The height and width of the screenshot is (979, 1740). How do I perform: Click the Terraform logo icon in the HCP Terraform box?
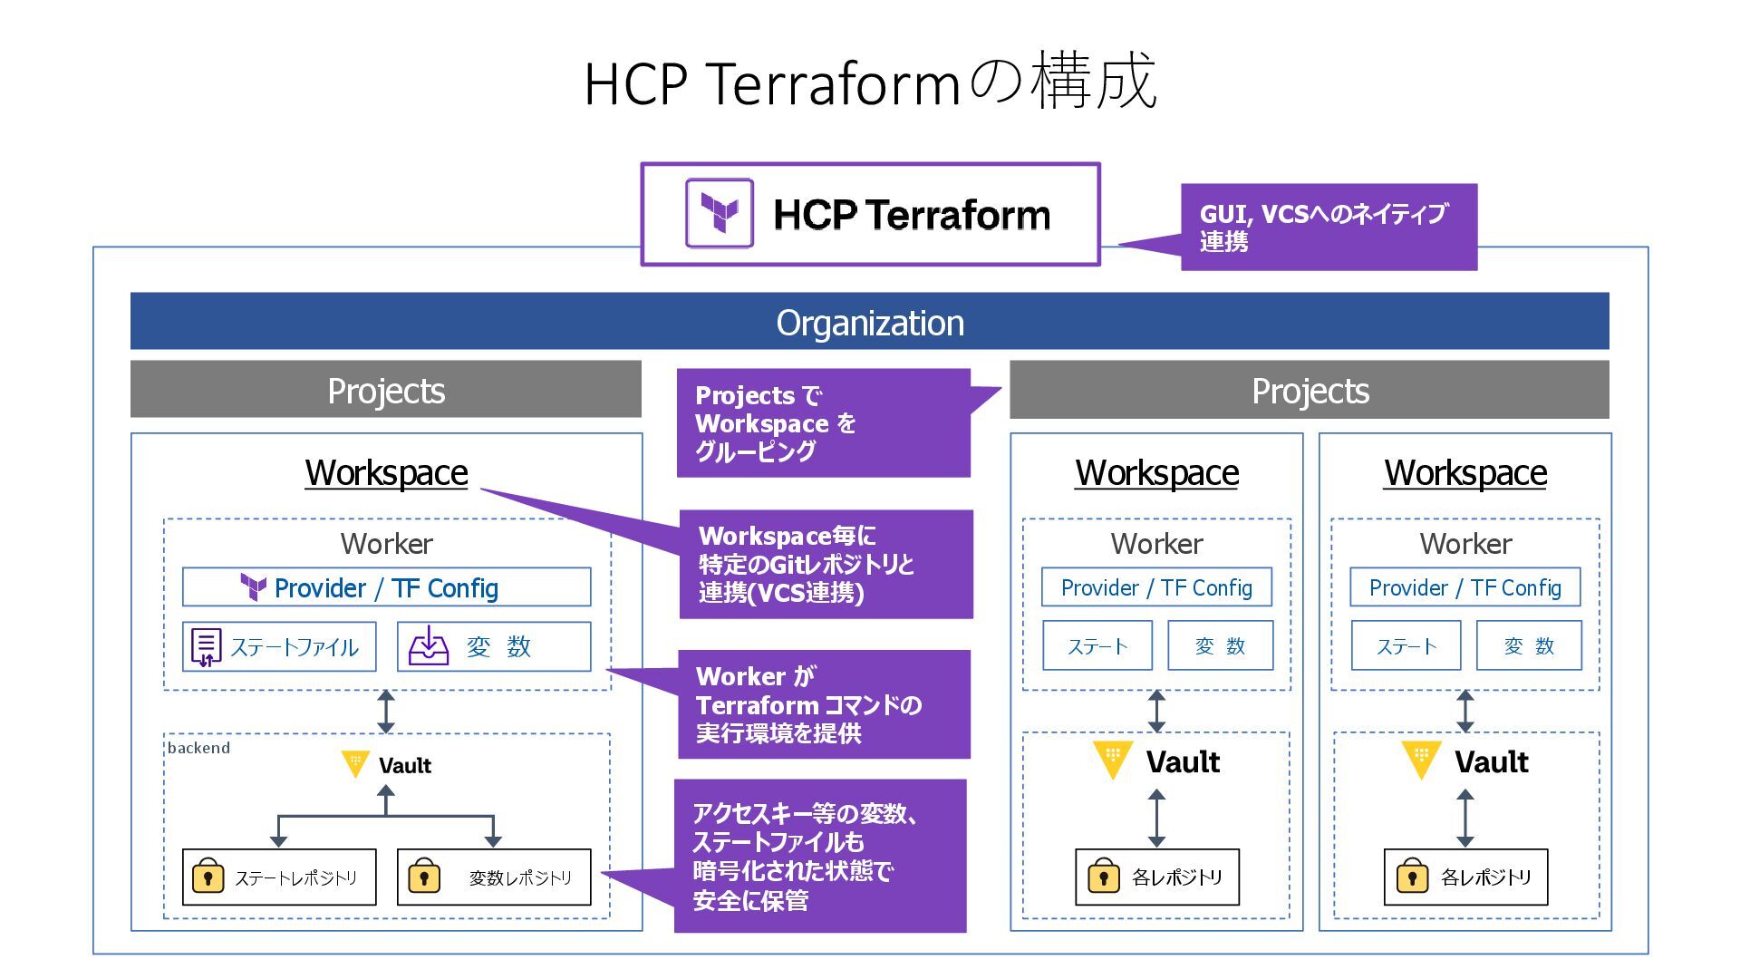click(x=720, y=214)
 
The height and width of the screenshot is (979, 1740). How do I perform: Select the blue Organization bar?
click(x=869, y=322)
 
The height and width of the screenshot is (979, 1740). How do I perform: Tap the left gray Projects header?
click(x=385, y=390)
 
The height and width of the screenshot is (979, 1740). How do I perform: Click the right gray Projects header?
click(x=1309, y=390)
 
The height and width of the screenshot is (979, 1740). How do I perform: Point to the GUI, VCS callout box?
click(x=1329, y=228)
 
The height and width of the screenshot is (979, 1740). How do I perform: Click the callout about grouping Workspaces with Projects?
click(x=823, y=422)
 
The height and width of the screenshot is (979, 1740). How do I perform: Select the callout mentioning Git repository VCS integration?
click(x=826, y=564)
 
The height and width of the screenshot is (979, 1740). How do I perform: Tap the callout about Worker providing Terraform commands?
click(x=824, y=704)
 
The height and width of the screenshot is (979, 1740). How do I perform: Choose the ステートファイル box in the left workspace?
click(x=279, y=646)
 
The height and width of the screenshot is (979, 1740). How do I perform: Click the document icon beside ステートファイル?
click(x=206, y=647)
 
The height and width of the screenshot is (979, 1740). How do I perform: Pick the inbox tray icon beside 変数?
click(x=429, y=646)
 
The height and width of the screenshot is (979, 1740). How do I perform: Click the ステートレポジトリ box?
click(x=279, y=877)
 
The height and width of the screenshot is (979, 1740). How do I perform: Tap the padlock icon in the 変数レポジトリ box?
click(x=423, y=877)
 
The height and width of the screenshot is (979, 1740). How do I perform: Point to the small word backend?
click(x=198, y=748)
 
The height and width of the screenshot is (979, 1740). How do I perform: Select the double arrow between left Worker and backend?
click(x=386, y=712)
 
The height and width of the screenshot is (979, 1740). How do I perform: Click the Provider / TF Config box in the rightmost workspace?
click(x=1464, y=587)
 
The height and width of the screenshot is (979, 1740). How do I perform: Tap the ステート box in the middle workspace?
click(x=1097, y=645)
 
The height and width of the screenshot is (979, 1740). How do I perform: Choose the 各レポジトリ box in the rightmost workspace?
click(x=1465, y=877)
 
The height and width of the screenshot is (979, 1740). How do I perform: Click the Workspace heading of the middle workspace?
click(x=1156, y=472)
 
